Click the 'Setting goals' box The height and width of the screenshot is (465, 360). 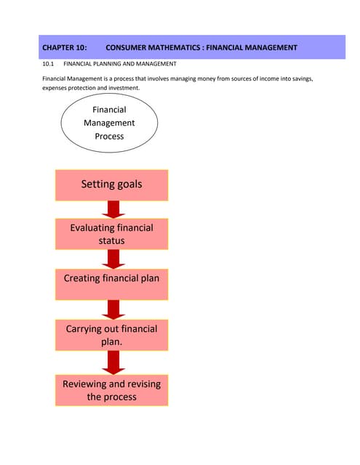pos(111,185)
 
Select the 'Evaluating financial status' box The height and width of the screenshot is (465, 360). pos(111,234)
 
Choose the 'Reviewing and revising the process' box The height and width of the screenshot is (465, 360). pos(111,390)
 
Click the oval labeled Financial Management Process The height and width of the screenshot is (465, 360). pos(109,123)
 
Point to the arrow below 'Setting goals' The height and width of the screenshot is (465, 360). pos(112,210)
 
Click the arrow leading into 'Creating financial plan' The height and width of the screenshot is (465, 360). pos(112,259)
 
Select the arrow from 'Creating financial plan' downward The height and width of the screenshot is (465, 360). pos(112,309)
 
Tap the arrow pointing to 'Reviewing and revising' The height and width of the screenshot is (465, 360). pos(112,361)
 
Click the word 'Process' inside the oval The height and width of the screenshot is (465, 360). pos(109,136)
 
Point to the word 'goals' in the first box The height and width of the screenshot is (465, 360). pos(127,185)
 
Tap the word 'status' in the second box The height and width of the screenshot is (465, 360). pos(111,240)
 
